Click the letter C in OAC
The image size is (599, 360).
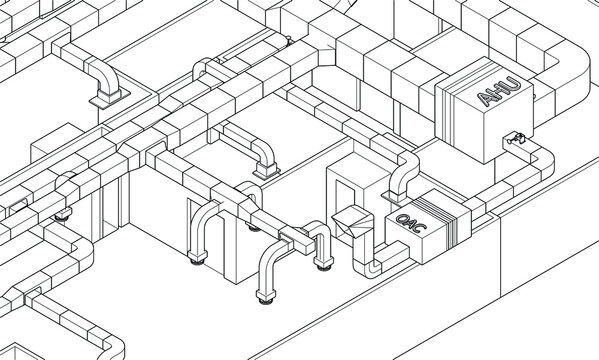coord(419,232)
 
